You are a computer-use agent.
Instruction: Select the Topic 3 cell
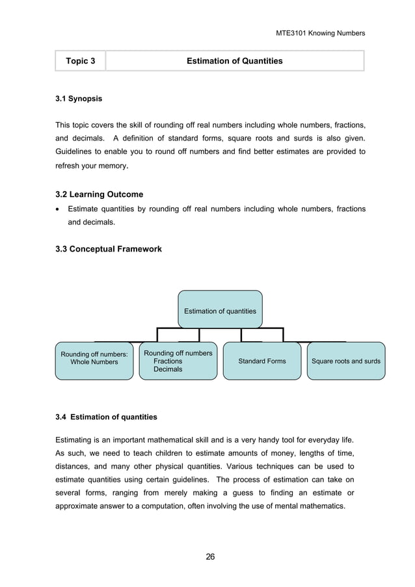click(80, 61)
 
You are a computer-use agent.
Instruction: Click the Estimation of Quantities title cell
click(234, 61)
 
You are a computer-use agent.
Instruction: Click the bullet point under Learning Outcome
click(59, 209)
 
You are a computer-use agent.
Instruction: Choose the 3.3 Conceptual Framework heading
click(109, 249)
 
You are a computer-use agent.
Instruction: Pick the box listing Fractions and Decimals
click(178, 361)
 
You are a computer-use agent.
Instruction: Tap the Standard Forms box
click(261, 360)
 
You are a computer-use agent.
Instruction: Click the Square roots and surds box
click(345, 360)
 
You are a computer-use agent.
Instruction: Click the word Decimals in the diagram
click(168, 369)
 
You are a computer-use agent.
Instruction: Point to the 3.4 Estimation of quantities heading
click(106, 417)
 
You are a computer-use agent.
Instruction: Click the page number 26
click(210, 556)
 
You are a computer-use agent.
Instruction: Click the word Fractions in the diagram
click(168, 361)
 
